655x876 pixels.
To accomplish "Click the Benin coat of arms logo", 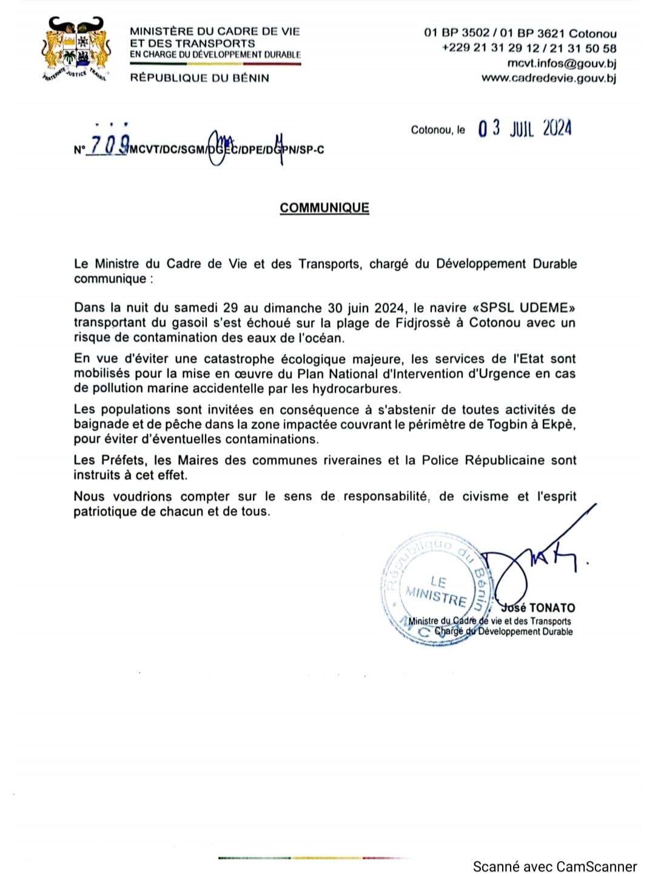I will click(76, 51).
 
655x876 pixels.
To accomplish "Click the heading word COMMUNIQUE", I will click(324, 208).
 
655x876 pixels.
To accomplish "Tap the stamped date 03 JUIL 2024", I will click(525, 129).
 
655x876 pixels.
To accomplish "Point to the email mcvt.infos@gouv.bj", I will click(562, 63).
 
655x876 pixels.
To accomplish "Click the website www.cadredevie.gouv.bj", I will click(548, 78).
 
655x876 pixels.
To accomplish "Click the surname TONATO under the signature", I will click(551, 607).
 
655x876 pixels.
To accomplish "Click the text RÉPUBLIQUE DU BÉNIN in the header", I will click(200, 78).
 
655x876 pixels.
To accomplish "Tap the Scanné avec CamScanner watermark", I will click(554, 867).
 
